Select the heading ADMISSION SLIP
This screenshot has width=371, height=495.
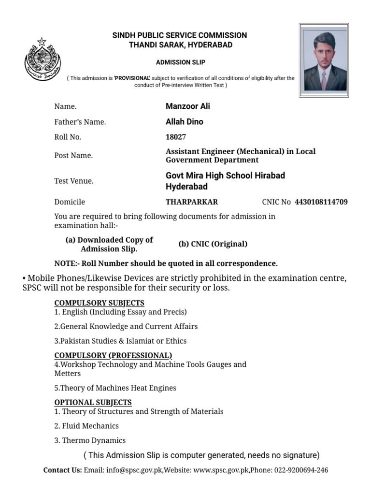tap(180, 63)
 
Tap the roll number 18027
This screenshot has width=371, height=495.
tap(176, 137)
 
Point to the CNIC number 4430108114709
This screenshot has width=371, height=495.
tap(321, 202)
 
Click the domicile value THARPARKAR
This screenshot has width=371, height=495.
tap(192, 202)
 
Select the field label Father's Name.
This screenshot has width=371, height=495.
tap(80, 122)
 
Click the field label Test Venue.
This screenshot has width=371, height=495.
tap(74, 181)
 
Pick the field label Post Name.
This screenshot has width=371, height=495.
tap(73, 156)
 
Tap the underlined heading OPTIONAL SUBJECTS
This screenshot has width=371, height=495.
tap(93, 402)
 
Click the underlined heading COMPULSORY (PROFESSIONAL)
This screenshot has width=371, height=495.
tap(113, 355)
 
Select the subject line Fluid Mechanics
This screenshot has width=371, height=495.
tap(86, 426)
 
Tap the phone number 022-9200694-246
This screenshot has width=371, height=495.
tap(300, 470)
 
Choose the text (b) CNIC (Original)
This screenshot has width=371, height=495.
tap(213, 244)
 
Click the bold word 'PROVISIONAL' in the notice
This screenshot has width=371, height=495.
tap(132, 78)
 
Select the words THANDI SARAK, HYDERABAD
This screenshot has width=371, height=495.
tap(180, 45)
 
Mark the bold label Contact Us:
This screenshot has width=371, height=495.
tap(62, 470)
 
